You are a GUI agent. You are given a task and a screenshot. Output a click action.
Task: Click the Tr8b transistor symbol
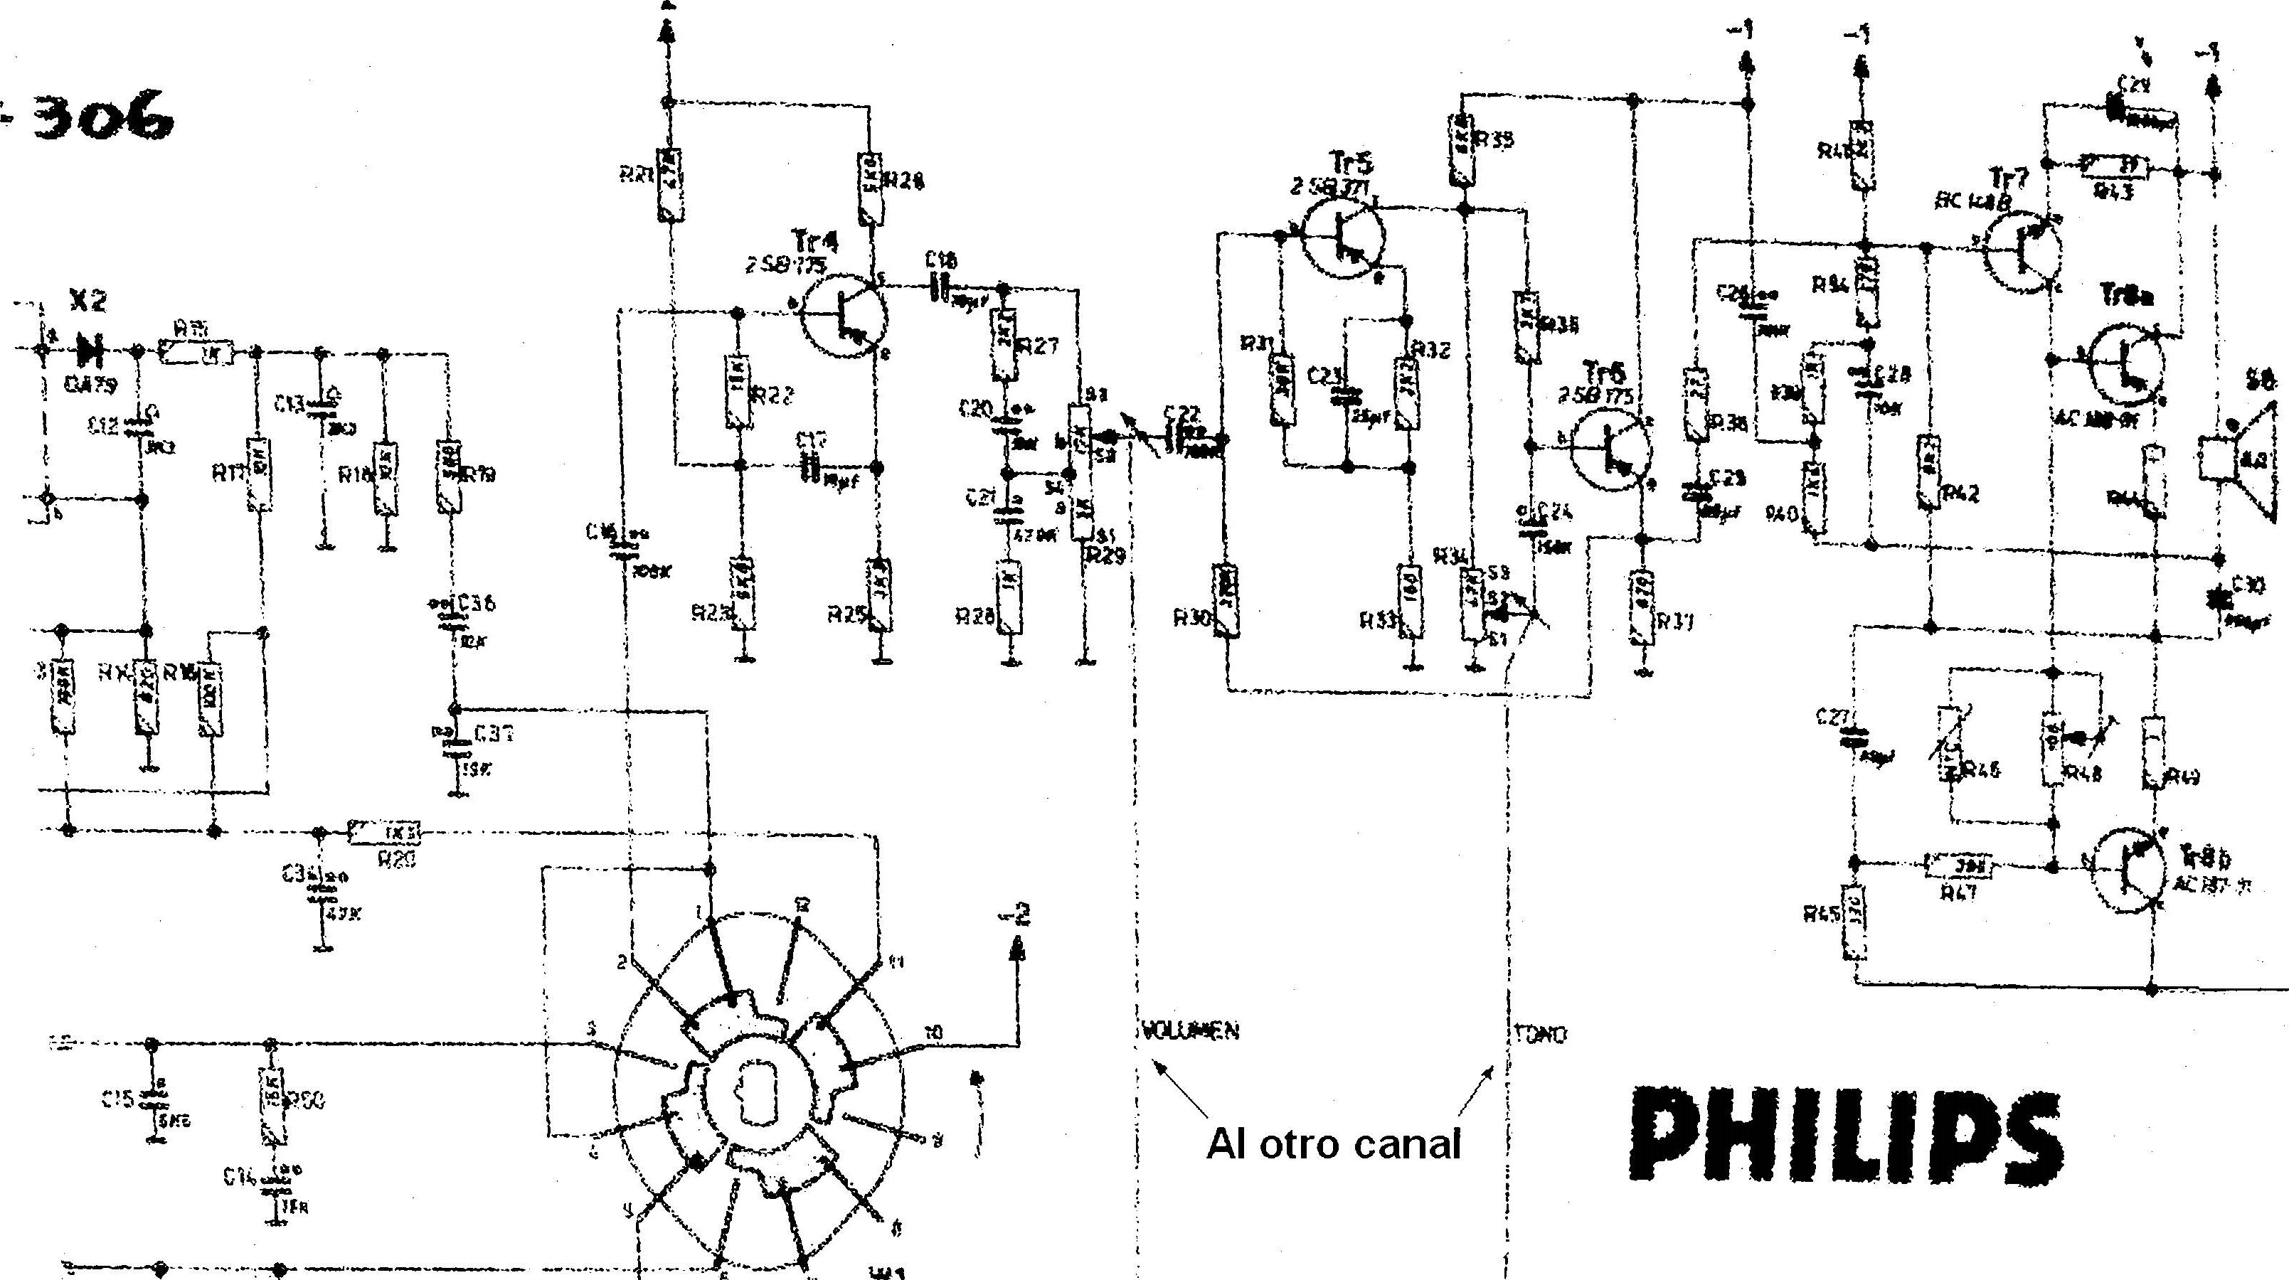(2129, 870)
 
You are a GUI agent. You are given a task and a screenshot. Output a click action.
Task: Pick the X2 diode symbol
(90, 351)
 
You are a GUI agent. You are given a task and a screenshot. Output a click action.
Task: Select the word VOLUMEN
(1188, 1031)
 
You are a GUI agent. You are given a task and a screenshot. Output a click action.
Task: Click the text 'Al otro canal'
(1333, 1143)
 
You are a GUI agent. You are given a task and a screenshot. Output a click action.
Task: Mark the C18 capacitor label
(941, 260)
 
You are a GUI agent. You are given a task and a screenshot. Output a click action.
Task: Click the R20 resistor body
(385, 833)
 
